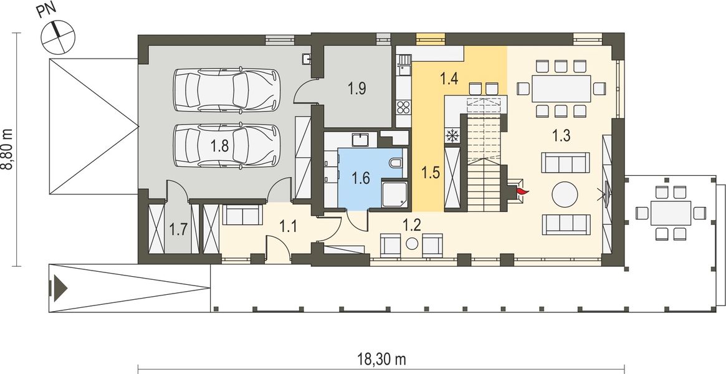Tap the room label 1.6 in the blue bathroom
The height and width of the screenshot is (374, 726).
pyautogui.click(x=361, y=178)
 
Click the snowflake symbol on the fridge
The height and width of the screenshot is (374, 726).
pyautogui.click(x=451, y=136)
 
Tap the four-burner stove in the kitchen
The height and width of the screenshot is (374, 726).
pyautogui.click(x=403, y=107)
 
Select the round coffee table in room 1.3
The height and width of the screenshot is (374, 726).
pyautogui.click(x=565, y=194)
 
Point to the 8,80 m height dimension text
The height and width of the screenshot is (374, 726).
pyautogui.click(x=9, y=149)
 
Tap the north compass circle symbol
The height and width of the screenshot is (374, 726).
pyautogui.click(x=58, y=37)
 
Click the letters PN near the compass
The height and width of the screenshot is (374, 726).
pyautogui.click(x=47, y=11)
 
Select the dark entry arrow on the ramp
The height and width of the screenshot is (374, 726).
pyautogui.click(x=61, y=288)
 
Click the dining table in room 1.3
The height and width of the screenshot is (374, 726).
pyautogui.click(x=561, y=89)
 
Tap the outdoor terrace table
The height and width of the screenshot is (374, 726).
pyautogui.click(x=671, y=213)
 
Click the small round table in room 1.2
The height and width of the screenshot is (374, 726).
pyautogui.click(x=412, y=244)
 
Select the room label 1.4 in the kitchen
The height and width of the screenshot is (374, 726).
pyautogui.click(x=449, y=79)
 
